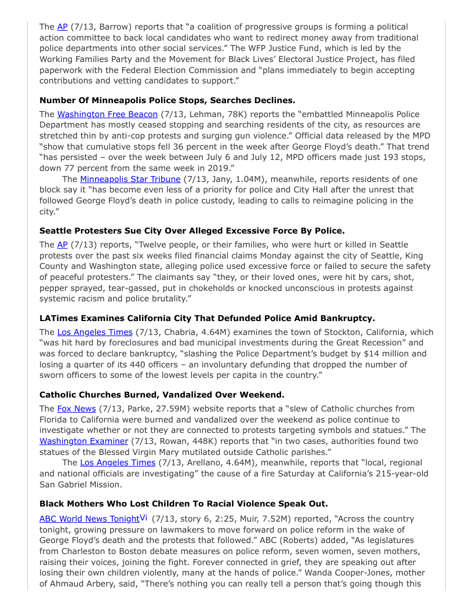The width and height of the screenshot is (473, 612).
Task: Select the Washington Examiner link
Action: point(83,441)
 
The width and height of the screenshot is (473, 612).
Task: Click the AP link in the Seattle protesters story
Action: point(62,245)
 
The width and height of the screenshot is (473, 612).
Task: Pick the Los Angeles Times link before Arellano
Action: point(118,462)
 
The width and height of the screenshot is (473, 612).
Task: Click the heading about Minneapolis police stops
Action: point(167,100)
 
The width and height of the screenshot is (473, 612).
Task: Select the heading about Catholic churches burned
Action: point(162,395)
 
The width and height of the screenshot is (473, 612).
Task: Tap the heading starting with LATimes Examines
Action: point(207,318)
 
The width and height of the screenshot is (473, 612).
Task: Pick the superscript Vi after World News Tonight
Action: point(144,518)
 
